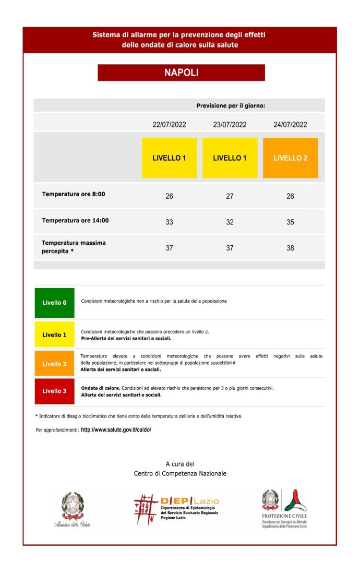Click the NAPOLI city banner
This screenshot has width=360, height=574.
(181, 73)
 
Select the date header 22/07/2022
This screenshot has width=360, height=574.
(169, 125)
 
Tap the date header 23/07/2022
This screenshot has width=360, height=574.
(230, 125)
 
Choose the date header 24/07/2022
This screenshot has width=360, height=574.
(290, 125)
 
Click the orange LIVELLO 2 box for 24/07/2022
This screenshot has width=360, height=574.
(290, 158)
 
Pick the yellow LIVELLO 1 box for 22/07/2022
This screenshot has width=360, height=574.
(169, 158)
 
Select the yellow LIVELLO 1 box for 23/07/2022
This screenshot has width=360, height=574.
(230, 158)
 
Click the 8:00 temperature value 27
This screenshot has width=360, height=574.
(230, 196)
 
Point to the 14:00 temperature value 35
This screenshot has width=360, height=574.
(290, 222)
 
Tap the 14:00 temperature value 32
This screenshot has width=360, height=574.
(230, 222)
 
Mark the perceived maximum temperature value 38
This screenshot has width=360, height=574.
(290, 248)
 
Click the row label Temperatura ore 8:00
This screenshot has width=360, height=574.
(74, 194)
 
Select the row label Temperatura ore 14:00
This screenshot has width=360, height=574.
(75, 220)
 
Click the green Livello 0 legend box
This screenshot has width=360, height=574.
(54, 303)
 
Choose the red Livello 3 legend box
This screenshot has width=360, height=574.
(54, 391)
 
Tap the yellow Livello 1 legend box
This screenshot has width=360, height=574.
(54, 334)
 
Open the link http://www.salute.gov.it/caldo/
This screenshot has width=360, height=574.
(116, 430)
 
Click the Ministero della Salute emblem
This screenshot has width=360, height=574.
(72, 509)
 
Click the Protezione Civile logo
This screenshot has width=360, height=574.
(284, 509)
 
